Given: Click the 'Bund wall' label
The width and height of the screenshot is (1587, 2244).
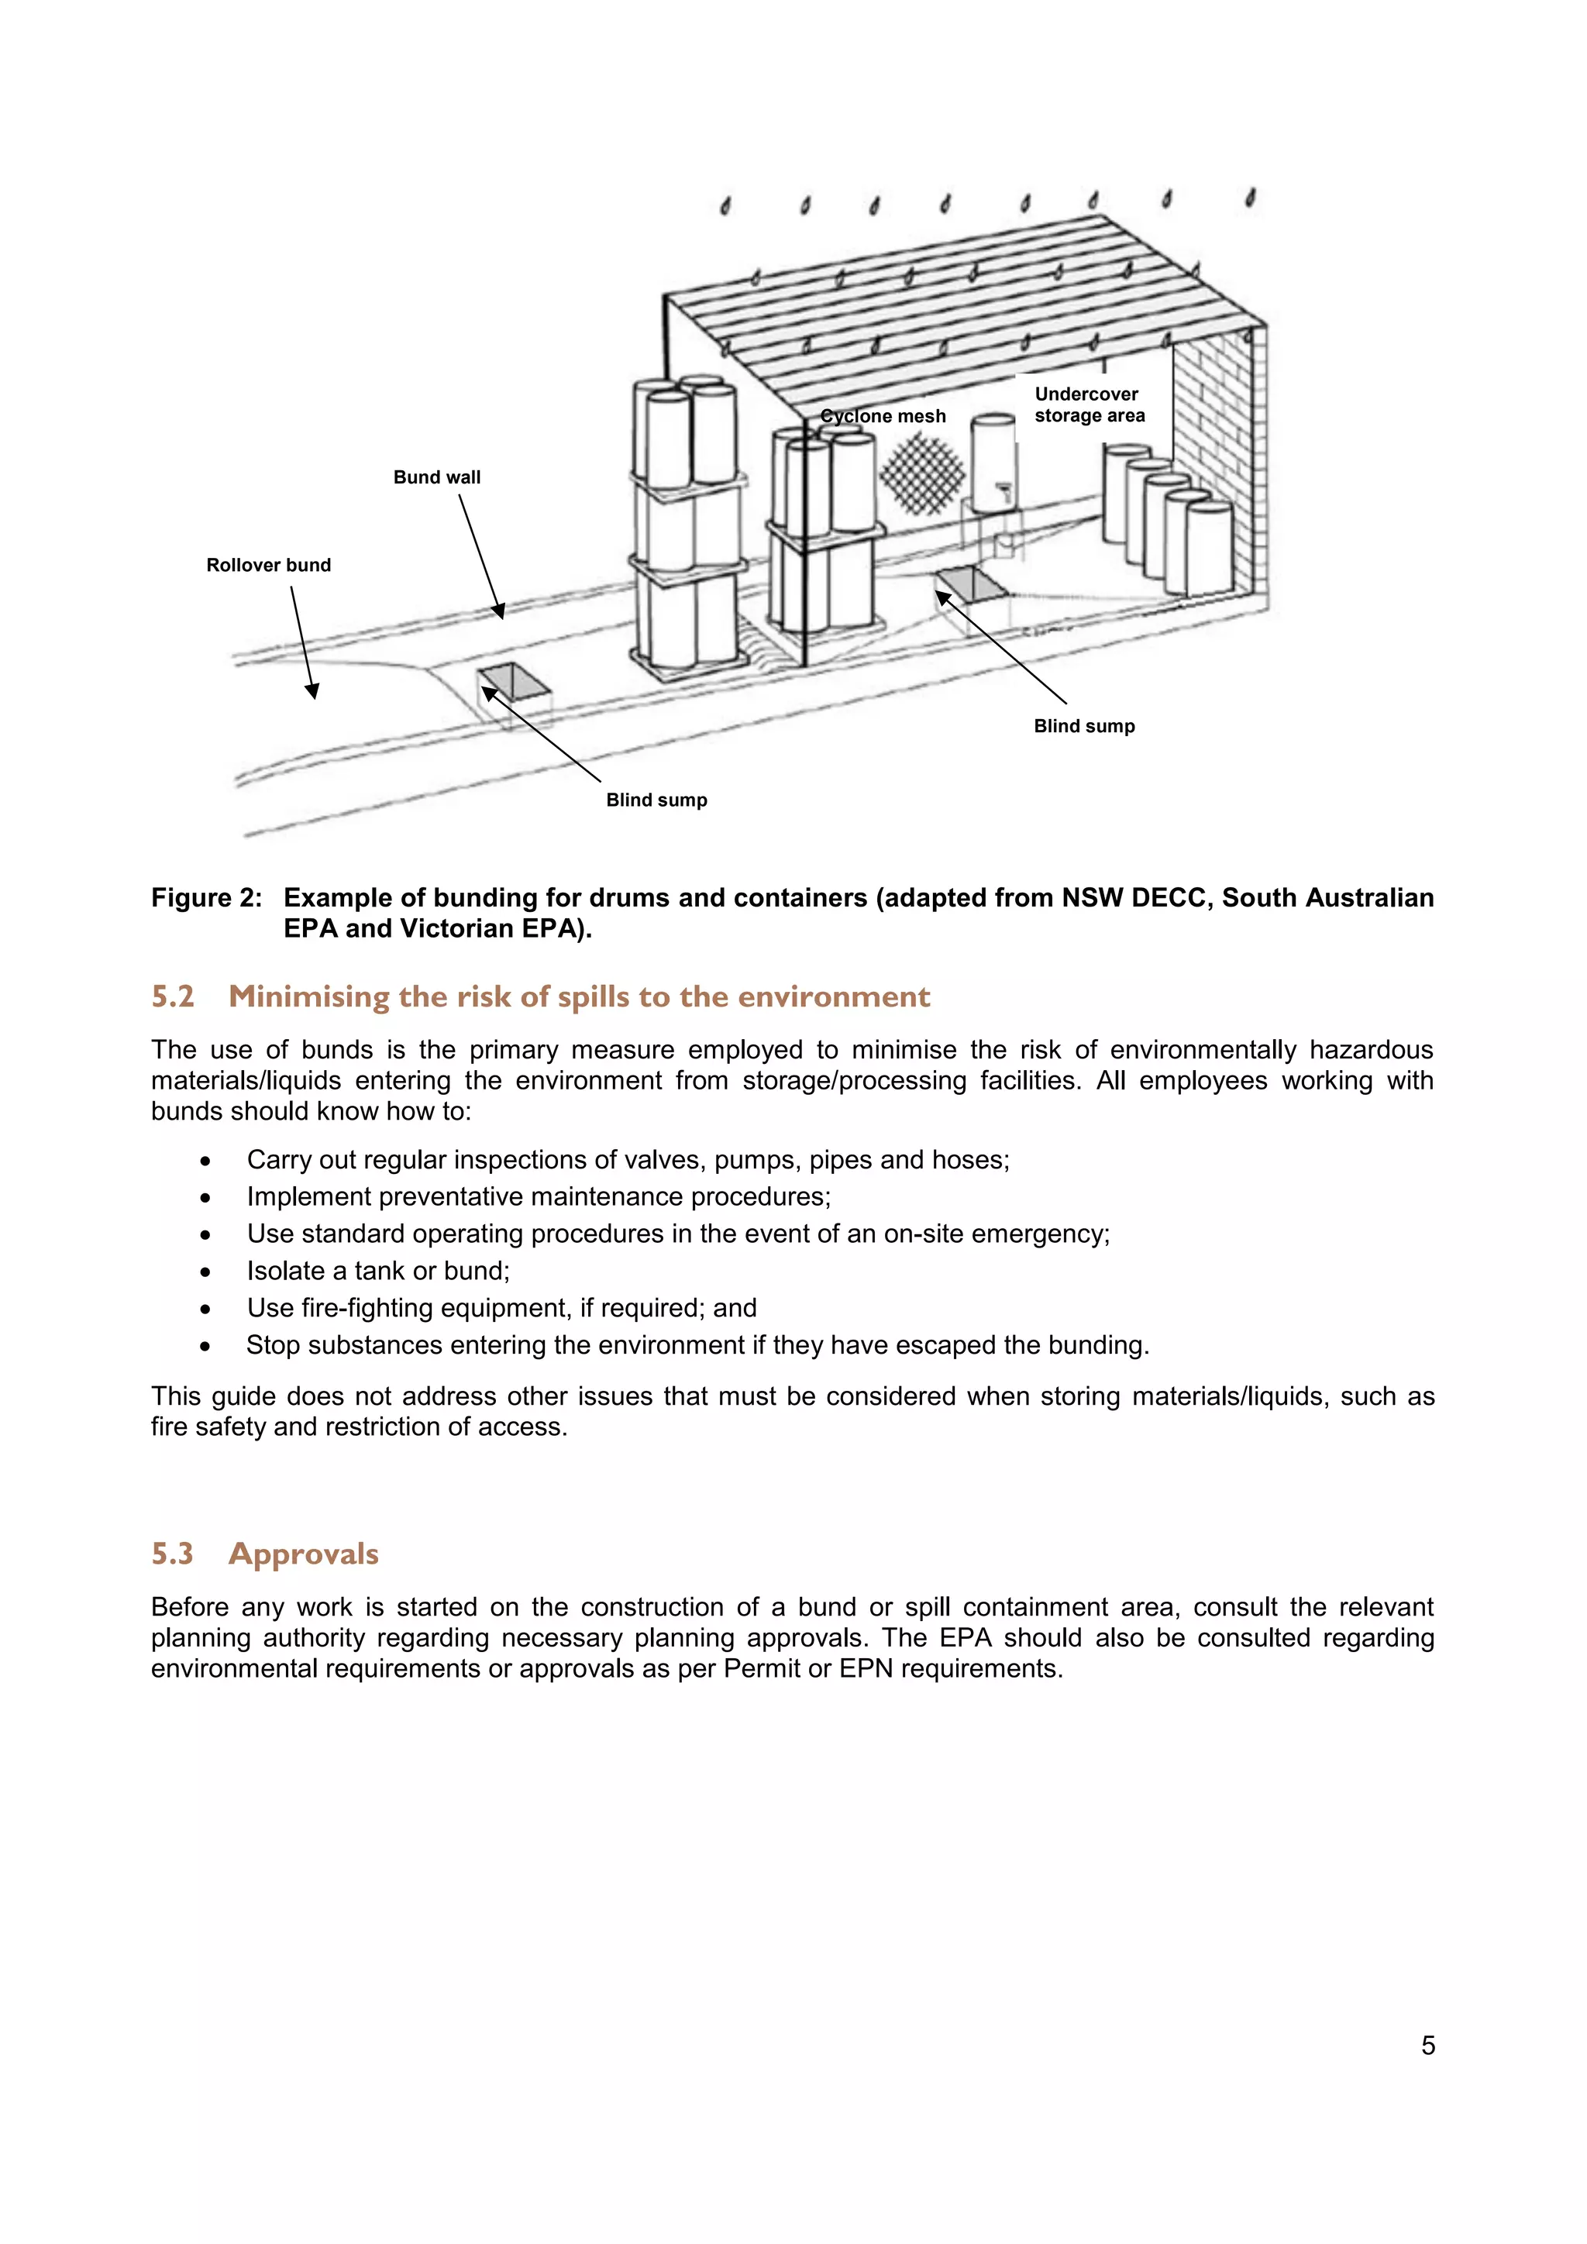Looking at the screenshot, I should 437,477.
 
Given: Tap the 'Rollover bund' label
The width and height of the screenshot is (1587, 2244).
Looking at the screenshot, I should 268,565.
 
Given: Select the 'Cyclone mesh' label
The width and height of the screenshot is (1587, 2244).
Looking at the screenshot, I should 883,416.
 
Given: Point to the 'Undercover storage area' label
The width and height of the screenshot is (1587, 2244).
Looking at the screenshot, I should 1089,404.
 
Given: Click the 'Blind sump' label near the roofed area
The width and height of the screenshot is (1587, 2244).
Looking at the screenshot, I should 1084,726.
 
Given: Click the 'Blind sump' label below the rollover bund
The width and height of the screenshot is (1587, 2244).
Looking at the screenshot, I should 656,800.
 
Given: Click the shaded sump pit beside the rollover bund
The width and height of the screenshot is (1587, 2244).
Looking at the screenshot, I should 515,681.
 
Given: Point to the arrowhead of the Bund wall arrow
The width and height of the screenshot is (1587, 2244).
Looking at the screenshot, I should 499,612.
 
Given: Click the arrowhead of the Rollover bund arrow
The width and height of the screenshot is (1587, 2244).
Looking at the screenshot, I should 313,691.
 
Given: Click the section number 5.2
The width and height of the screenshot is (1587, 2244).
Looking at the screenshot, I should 173,997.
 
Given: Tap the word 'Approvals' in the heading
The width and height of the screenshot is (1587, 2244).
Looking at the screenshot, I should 303,1554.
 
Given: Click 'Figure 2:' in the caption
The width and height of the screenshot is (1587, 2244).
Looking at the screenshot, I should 206,898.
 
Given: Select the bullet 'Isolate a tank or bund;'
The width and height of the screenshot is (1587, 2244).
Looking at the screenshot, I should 378,1271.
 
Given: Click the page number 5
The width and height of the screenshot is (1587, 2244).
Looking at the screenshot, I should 1427,2046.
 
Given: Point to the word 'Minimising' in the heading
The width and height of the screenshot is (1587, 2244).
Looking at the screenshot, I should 309,997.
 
